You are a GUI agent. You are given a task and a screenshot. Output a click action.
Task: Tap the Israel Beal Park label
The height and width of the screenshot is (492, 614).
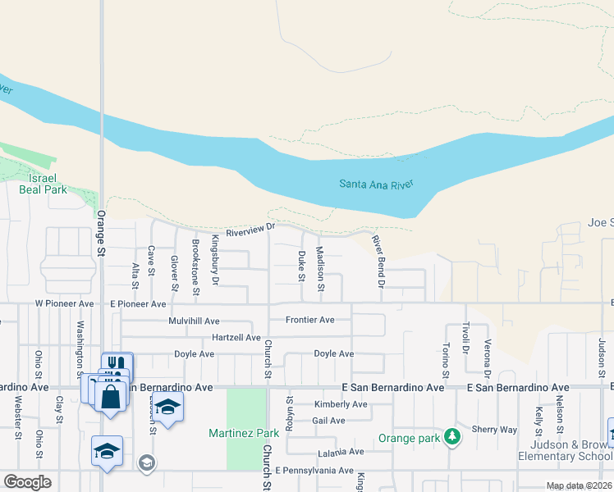click(x=43, y=184)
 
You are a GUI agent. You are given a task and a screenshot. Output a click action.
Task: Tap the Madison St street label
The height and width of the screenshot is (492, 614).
click(x=320, y=270)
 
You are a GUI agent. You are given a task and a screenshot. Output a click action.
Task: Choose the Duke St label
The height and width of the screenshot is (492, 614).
click(x=302, y=266)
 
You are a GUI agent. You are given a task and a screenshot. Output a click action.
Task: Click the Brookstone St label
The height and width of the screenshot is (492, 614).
click(x=195, y=266)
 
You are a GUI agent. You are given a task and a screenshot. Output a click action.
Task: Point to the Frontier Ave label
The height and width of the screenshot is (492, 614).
click(x=309, y=320)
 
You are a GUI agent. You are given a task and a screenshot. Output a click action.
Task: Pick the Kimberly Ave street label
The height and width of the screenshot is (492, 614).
click(x=341, y=404)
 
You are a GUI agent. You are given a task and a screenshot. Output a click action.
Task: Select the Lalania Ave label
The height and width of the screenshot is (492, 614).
click(x=340, y=452)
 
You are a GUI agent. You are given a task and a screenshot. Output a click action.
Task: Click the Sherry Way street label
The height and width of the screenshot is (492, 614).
click(x=494, y=430)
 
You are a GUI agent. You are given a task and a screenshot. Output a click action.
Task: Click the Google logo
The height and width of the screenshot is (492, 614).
click(x=27, y=481)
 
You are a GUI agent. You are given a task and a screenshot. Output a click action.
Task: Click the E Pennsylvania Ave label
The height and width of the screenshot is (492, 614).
click(x=314, y=471)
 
